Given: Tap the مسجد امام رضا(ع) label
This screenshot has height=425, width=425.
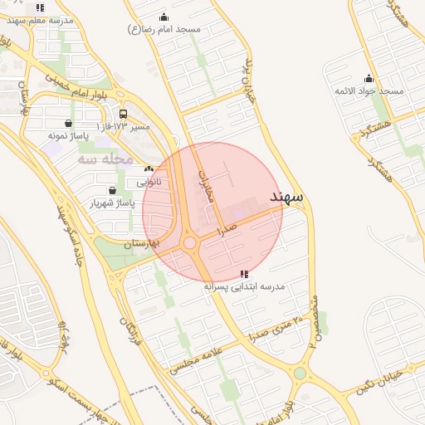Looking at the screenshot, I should [x=164, y=29].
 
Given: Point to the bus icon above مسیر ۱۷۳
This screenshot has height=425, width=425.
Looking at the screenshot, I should [x=124, y=114].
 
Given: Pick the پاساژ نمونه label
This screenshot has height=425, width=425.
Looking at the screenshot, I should [x=67, y=134].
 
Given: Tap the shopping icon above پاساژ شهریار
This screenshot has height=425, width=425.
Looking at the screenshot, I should [x=112, y=190].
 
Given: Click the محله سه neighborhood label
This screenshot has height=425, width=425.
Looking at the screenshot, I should [x=105, y=158].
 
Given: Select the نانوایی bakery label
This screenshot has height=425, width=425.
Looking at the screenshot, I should [x=149, y=180].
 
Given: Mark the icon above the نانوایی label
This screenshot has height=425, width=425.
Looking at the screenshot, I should [x=149, y=169].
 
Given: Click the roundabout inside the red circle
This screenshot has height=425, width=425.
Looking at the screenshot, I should [x=190, y=242].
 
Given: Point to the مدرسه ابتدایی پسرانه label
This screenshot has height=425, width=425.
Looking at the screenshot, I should [x=244, y=286].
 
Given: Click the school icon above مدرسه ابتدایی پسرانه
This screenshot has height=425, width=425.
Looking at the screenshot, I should [x=243, y=273].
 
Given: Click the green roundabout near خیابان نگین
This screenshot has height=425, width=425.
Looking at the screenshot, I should [x=300, y=373].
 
